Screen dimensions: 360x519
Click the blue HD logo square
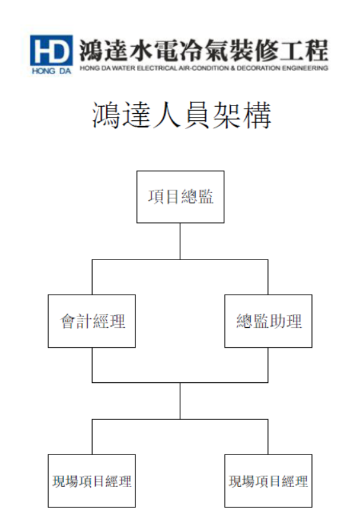(51, 50)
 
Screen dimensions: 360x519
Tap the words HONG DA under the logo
(51, 71)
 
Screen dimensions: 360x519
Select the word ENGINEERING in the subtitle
(305, 68)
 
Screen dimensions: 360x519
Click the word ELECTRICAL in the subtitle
(157, 68)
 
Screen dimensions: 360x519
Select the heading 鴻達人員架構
(182, 115)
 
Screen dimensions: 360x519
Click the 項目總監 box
(180, 197)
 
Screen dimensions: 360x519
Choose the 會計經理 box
(91, 321)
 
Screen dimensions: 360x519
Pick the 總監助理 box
(269, 321)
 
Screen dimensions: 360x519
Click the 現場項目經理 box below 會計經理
(91, 481)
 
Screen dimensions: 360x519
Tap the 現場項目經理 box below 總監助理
(269, 481)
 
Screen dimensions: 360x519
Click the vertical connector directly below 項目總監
(180, 242)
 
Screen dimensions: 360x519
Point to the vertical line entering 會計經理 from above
(92, 277)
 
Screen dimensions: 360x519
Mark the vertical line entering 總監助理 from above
(268, 277)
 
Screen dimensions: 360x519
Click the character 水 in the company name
(141, 50)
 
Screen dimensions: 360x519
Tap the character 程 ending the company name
(317, 50)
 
